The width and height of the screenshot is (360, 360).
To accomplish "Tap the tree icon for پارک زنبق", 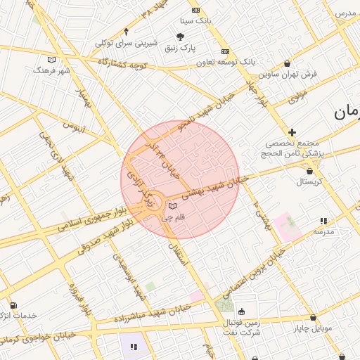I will coord(181,37).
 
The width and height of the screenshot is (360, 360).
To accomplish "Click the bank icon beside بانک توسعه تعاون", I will coord(225,51).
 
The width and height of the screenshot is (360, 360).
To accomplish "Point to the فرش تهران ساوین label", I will coord(288,73).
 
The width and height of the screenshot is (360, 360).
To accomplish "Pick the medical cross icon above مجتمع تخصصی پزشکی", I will coord(292,131).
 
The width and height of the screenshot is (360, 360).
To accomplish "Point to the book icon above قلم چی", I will coord(173,206).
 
